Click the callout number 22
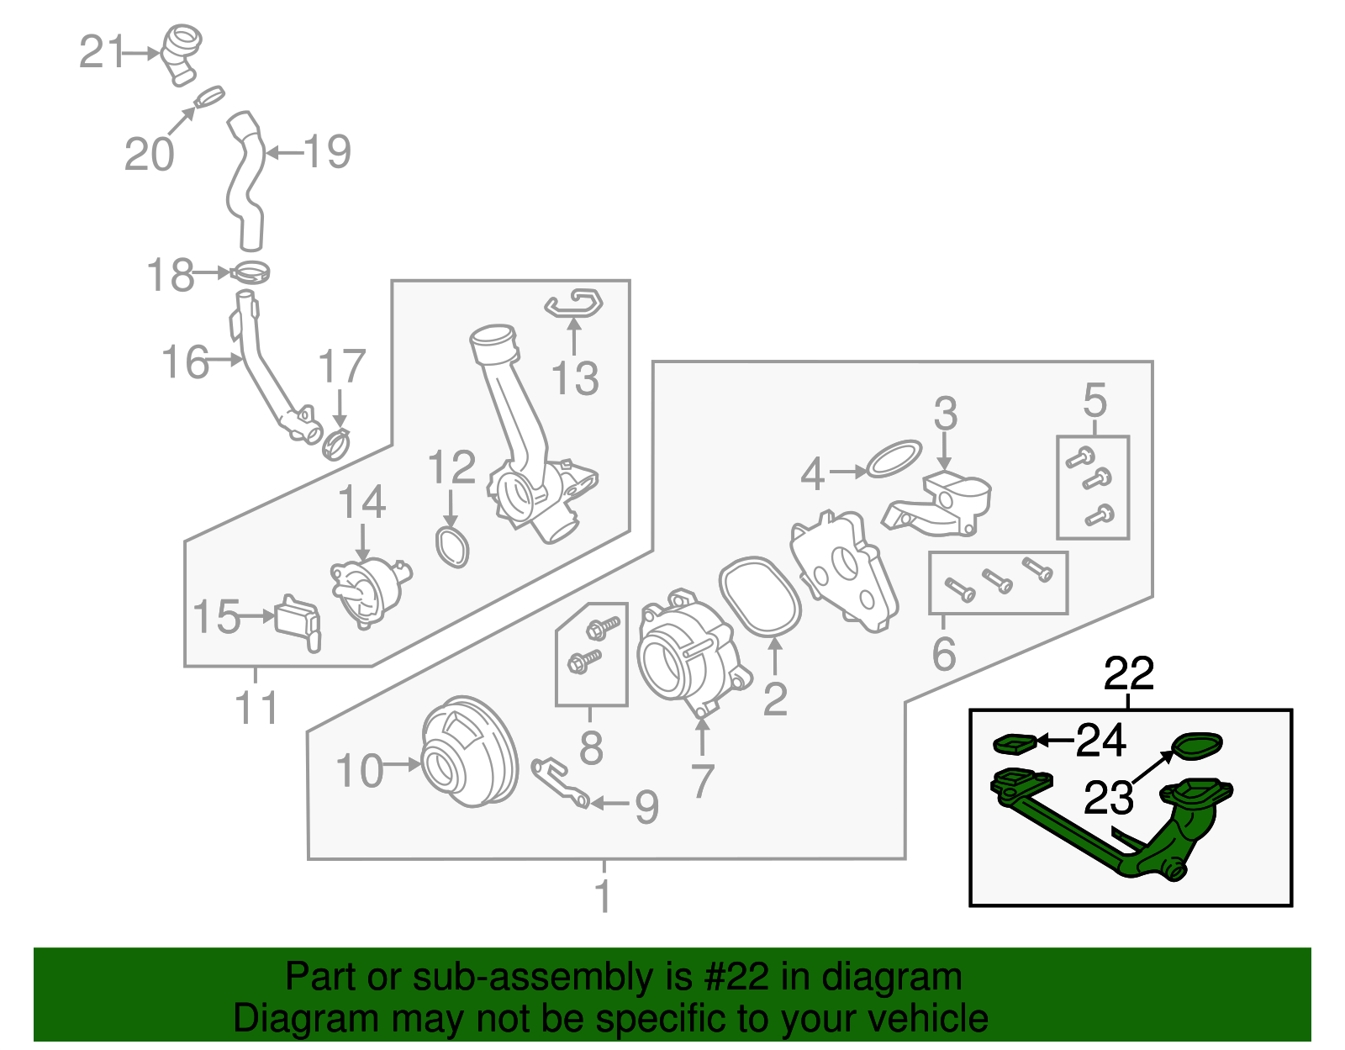pos(1129,673)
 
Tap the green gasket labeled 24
pos(1014,743)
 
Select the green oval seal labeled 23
pos(1197,744)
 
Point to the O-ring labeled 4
pos(894,458)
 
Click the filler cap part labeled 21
pos(182,52)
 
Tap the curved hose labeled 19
pos(245,181)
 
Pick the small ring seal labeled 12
pos(451,546)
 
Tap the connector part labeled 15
pos(298,620)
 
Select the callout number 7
pos(702,780)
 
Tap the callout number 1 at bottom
pos(603,896)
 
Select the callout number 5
pos(1094,400)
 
